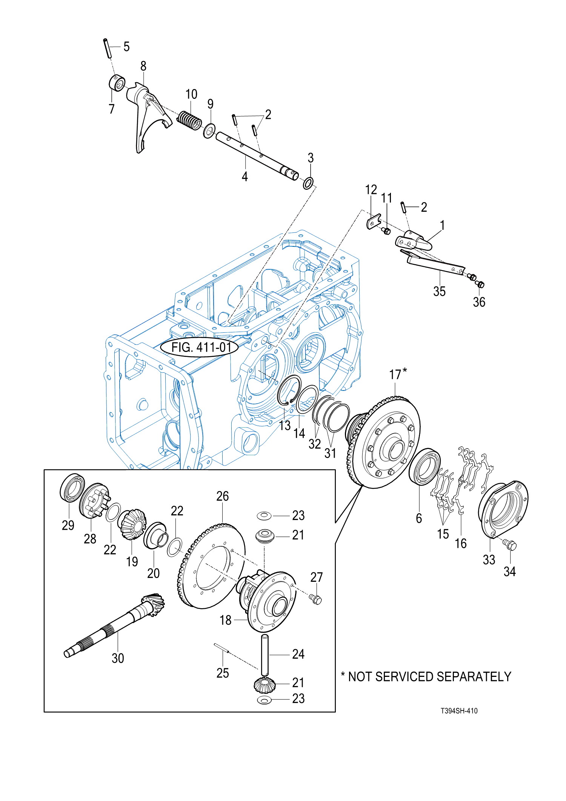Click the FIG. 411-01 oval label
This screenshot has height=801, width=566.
(x=199, y=347)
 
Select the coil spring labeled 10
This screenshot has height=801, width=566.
(x=190, y=120)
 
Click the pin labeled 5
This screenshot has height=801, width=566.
(x=107, y=48)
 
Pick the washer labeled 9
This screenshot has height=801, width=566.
(x=209, y=131)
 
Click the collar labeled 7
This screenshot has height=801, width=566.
(x=117, y=83)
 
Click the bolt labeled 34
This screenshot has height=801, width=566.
(x=510, y=544)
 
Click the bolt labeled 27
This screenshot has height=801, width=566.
(x=315, y=599)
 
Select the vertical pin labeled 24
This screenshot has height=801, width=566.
(x=265, y=655)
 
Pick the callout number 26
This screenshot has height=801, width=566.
(x=223, y=496)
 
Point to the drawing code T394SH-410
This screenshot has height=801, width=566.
(x=459, y=711)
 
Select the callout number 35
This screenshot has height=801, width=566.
(x=439, y=291)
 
